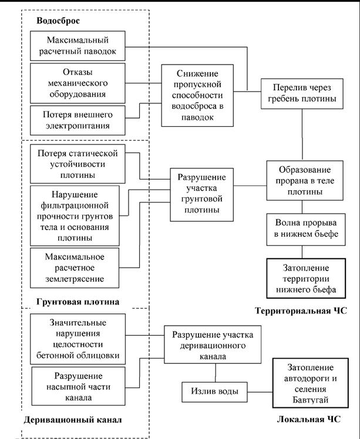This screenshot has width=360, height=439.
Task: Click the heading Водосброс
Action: [58, 21]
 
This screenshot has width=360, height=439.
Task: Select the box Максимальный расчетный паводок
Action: [78, 46]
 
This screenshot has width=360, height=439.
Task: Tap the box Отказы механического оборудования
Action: [78, 83]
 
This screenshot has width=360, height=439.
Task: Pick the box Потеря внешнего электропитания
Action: [78, 120]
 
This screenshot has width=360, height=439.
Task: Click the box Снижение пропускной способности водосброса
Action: [197, 96]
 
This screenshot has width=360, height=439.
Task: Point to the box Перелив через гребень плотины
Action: [302, 93]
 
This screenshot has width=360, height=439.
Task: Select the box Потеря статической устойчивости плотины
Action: [78, 164]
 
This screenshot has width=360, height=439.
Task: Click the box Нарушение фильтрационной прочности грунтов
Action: [75, 216]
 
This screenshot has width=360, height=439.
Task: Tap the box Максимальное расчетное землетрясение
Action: [75, 268]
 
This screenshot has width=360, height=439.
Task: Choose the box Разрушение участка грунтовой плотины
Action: [201, 195]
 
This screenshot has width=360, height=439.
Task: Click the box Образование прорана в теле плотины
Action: [305, 180]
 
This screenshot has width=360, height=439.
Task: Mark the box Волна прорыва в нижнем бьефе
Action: [306, 229]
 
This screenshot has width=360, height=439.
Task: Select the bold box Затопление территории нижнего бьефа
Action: [306, 278]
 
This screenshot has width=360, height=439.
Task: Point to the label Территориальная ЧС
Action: [301, 310]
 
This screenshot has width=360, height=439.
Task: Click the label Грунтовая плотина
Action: [78, 302]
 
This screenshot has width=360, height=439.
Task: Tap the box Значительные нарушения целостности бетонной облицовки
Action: [78, 339]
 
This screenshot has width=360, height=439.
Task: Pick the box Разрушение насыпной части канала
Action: [79, 386]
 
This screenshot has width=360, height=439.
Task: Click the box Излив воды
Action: [214, 392]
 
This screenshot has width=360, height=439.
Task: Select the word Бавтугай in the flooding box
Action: [311, 400]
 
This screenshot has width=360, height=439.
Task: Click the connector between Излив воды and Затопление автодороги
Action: [260, 392]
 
